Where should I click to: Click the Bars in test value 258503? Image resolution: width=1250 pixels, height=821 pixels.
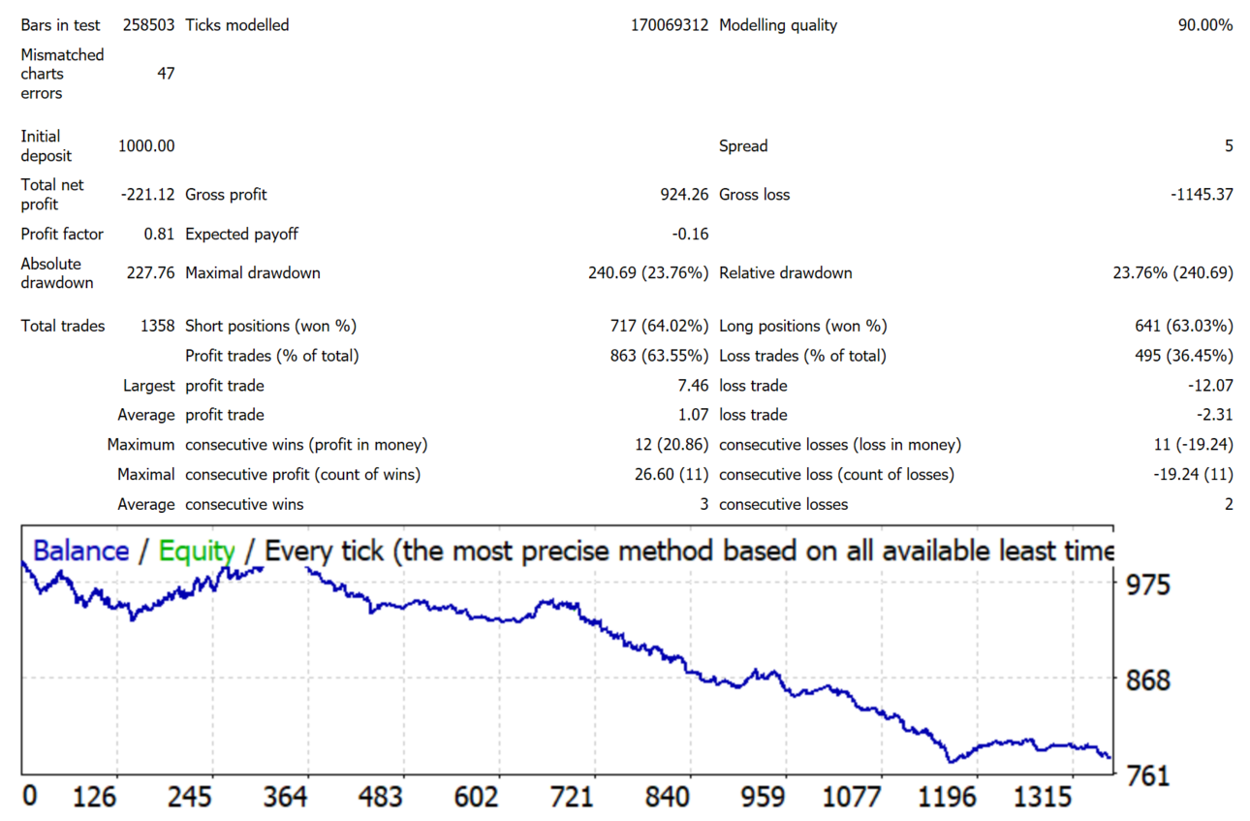pos(148,25)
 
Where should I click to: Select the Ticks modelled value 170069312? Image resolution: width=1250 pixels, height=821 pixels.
pos(670,25)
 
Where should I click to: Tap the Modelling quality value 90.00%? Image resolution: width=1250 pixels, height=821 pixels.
pos(1205,25)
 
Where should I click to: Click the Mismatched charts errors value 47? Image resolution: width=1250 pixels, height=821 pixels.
pos(166,74)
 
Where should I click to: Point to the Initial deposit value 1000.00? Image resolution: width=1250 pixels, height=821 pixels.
pos(146,146)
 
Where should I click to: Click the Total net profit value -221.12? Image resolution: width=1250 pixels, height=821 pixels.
pos(148,195)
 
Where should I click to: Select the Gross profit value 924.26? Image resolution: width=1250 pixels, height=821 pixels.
pos(684,195)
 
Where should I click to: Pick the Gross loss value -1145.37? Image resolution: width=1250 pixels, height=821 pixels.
pos(1202,195)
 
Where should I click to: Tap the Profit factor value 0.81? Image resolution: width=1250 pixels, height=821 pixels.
pos(159,234)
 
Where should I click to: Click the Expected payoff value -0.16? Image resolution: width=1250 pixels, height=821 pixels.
pos(690,234)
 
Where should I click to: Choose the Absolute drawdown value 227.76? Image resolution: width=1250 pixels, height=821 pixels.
pos(150,273)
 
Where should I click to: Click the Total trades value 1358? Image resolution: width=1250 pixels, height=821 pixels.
pos(157,326)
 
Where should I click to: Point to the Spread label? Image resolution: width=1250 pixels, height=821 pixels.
pos(743,146)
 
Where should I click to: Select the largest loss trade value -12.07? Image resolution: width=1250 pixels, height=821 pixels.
pos(1210,386)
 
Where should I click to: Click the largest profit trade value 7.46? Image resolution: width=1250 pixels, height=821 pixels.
pos(693,386)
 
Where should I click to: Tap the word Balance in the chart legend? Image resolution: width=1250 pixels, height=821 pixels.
pos(81,551)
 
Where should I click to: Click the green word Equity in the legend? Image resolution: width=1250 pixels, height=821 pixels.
pos(197,552)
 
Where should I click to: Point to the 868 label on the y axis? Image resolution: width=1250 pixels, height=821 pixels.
pos(1147,680)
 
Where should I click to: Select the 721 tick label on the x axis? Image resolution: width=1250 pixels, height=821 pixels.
pos(572,797)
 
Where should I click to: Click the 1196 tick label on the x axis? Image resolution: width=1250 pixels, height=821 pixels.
pos(947,797)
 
